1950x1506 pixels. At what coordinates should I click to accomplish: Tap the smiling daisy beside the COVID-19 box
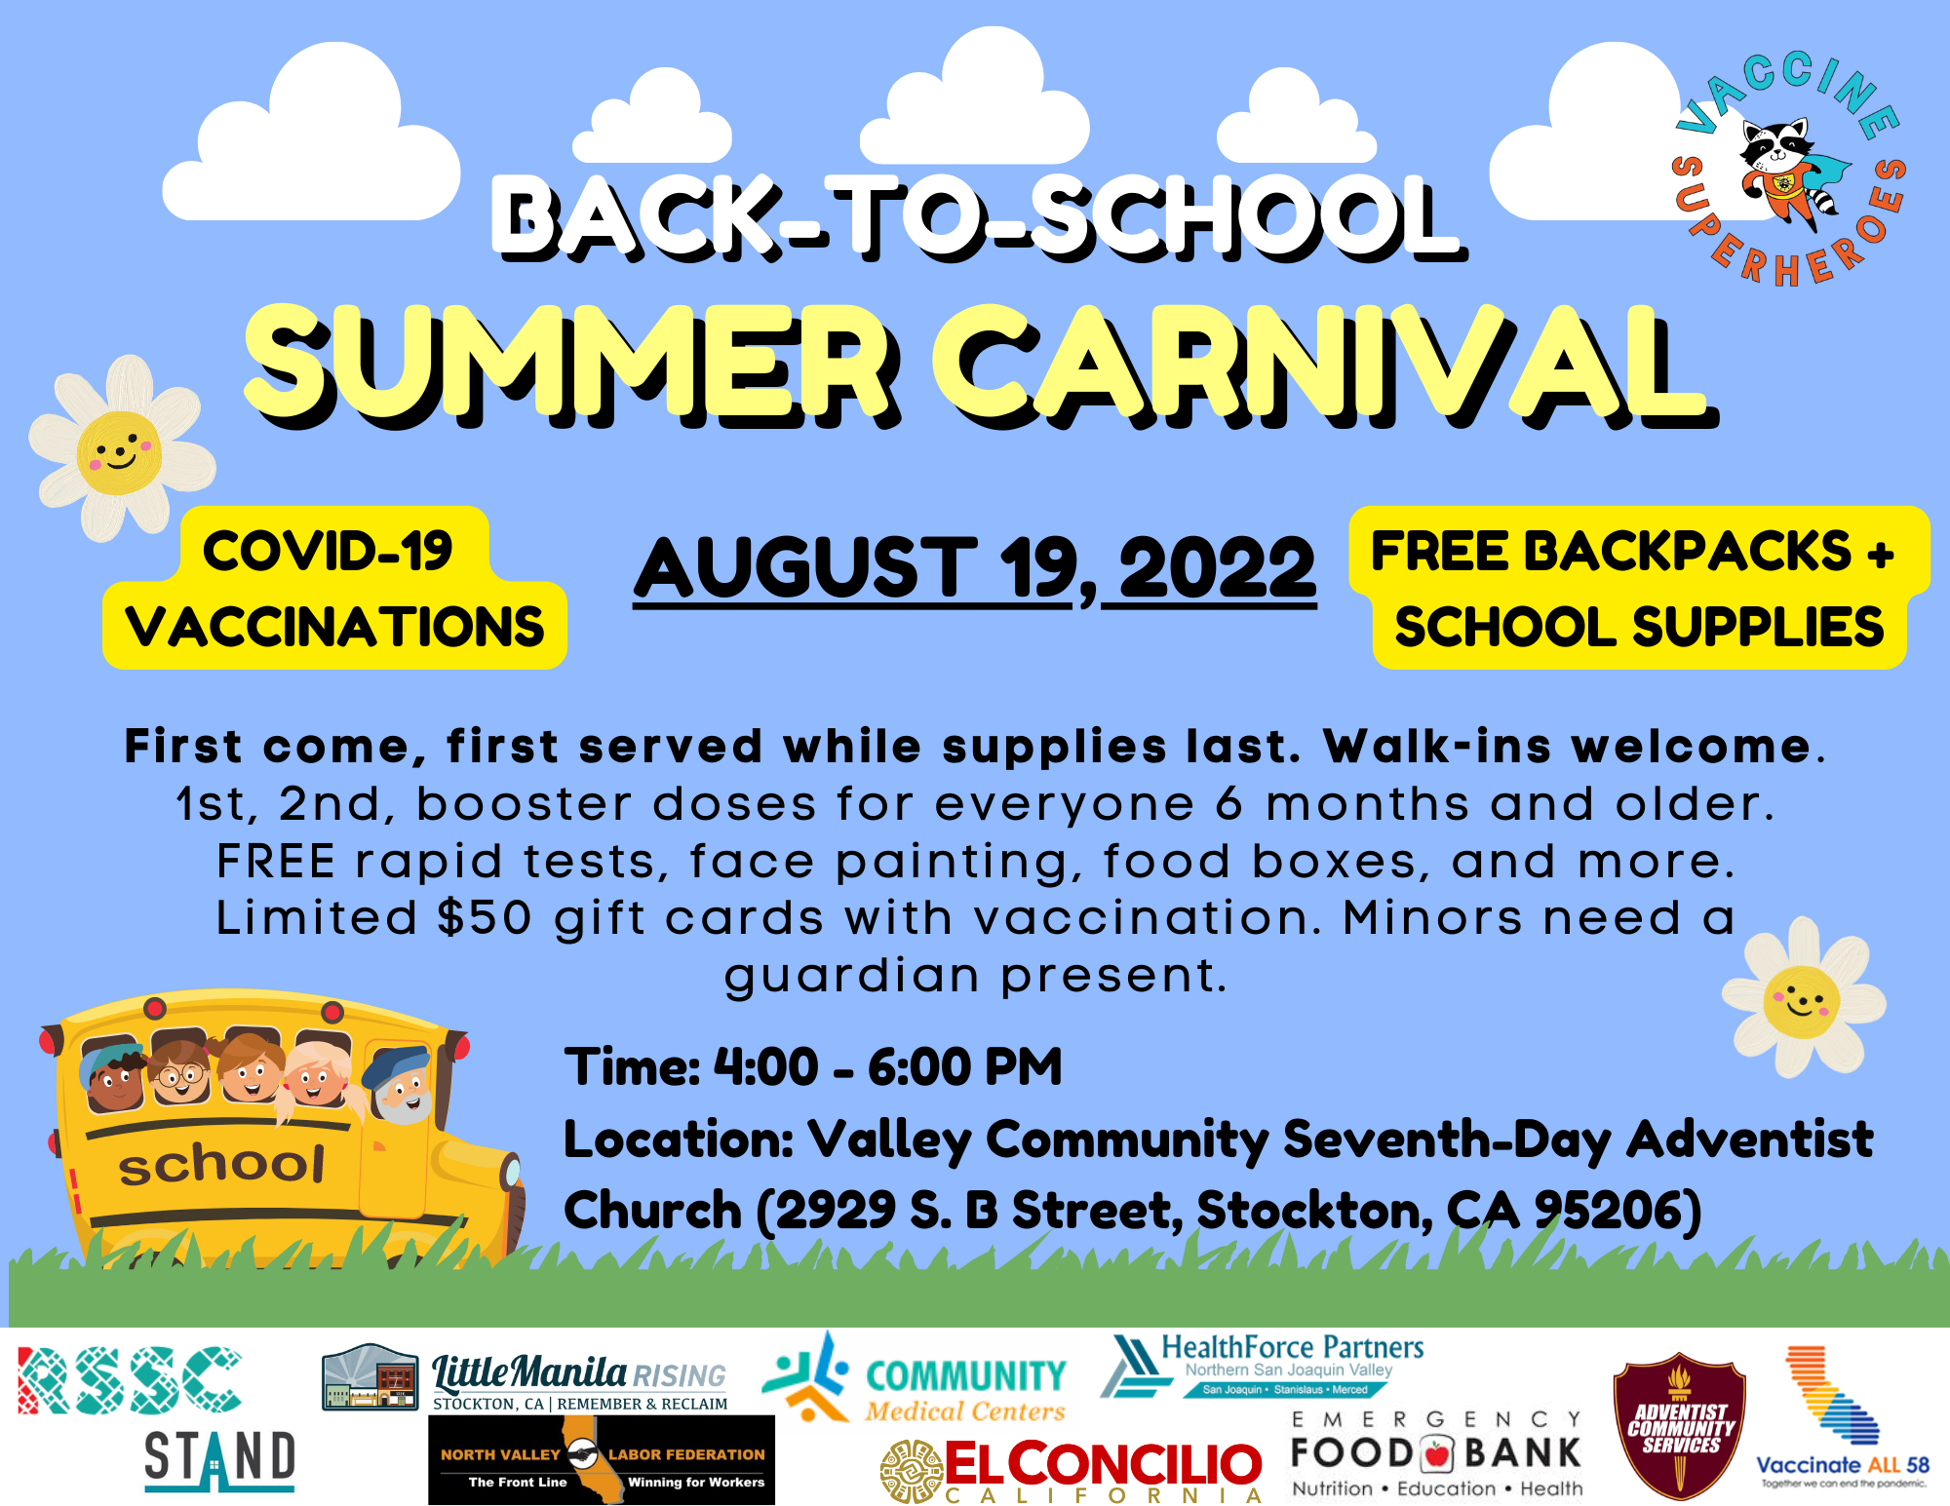tap(119, 452)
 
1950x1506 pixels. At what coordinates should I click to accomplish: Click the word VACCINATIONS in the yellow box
tap(334, 627)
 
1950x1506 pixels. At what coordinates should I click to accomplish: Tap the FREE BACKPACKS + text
tap(1632, 552)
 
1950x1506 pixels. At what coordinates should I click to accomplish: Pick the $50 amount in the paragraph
tap(485, 918)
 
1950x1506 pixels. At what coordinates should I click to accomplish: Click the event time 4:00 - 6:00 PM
tap(887, 1066)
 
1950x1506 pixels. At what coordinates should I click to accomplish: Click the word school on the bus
tap(221, 1164)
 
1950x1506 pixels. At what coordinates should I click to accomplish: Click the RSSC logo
tap(130, 1380)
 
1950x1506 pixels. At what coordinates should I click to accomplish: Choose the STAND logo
tap(219, 1459)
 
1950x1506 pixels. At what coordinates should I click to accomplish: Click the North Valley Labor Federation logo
tap(601, 1460)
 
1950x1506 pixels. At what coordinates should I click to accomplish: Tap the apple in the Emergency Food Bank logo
tap(1436, 1454)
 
